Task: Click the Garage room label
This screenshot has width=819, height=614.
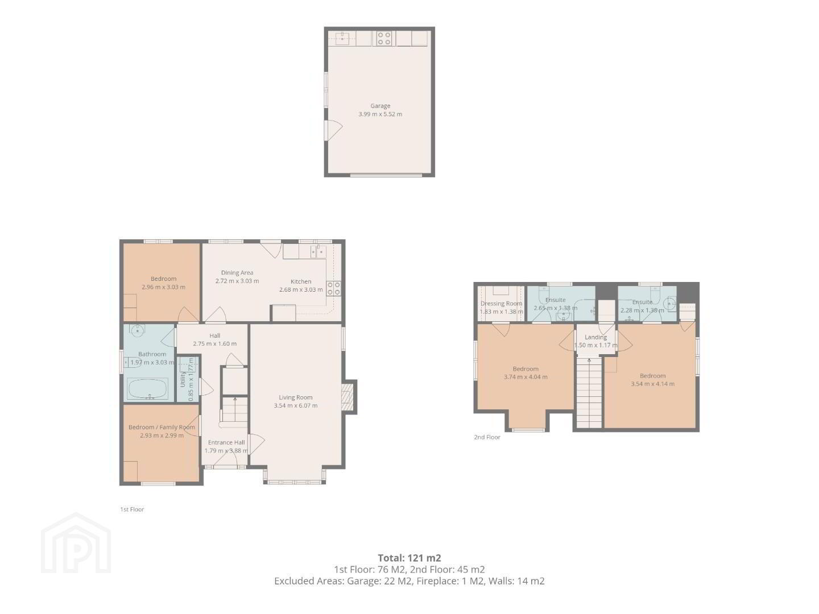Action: [380, 106]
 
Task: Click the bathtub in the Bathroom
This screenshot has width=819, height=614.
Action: [148, 389]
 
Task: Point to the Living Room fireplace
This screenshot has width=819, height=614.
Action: [348, 397]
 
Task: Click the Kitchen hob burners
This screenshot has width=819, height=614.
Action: [333, 288]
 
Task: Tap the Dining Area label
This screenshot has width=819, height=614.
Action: [237, 272]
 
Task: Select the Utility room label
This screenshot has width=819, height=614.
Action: [183, 379]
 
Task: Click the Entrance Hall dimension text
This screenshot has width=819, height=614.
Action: [226, 450]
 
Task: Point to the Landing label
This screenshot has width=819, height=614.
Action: [595, 337]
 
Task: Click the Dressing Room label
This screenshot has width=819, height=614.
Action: [501, 304]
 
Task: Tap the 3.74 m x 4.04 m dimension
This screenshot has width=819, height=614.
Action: [526, 377]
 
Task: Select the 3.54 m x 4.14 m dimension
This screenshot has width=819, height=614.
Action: [652, 384]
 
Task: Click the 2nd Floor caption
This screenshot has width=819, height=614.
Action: [487, 437]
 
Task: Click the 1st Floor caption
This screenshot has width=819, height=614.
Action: [132, 509]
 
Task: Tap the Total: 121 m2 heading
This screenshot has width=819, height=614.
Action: [409, 558]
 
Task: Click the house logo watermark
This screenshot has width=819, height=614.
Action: [76, 543]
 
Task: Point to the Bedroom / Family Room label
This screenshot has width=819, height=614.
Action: [162, 427]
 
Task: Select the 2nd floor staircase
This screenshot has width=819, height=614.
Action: [589, 392]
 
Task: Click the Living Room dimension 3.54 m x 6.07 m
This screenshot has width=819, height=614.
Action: [296, 405]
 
